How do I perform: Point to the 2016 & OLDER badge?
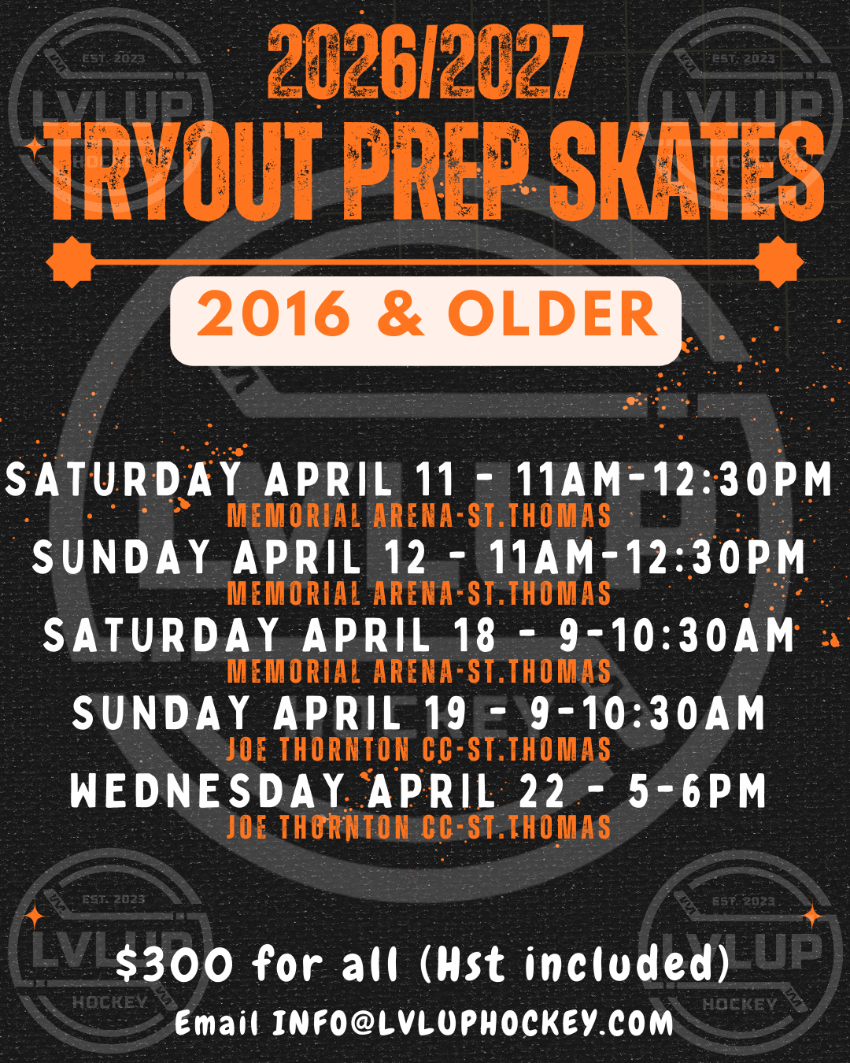click(x=426, y=314)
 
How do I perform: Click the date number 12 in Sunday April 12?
click(x=406, y=557)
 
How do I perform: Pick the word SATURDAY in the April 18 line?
click(x=161, y=635)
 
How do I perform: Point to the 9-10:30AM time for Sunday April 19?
click(x=647, y=713)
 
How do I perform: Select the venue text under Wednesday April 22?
click(x=419, y=828)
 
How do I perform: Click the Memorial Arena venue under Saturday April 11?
click(x=419, y=516)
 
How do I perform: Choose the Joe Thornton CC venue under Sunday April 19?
click(x=419, y=750)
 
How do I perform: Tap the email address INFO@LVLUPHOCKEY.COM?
click(x=473, y=1023)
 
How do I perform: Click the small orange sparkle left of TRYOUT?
click(x=35, y=147)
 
